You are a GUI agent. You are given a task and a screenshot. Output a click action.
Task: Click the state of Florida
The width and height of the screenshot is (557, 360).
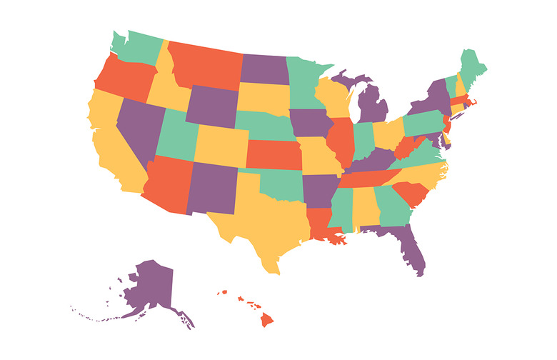click(412, 246)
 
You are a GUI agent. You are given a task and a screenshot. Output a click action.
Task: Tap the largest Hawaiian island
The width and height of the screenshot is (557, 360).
click(267, 319)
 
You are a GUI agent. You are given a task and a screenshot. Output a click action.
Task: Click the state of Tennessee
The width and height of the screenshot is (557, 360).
click(361, 175)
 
